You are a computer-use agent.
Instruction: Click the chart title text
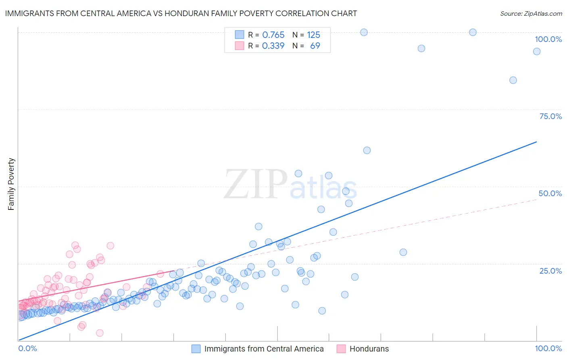tap(181, 13)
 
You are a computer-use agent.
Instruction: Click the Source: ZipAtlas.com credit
tap(531, 13)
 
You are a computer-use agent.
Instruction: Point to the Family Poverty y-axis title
tap(11, 184)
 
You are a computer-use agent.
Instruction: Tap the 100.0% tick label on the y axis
tap(548, 39)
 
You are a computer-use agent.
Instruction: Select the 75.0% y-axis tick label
tap(550, 116)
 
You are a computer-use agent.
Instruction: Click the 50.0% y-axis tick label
tap(550, 193)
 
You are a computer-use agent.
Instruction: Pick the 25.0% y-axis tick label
tap(550, 271)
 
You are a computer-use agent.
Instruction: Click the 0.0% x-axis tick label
tap(27, 348)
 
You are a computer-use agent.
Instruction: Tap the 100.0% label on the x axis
tap(548, 348)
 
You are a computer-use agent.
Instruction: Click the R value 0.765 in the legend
tap(273, 35)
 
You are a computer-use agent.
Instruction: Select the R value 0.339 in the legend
tap(273, 46)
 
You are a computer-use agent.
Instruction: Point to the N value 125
tap(313, 35)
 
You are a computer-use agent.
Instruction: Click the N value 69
tap(315, 46)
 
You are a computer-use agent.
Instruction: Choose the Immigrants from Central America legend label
tap(264, 349)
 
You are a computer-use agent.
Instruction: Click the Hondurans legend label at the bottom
tap(369, 349)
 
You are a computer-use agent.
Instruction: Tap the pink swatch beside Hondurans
tap(341, 349)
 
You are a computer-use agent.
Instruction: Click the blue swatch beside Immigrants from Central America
tap(196, 349)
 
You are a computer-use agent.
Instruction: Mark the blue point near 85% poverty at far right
tap(513, 80)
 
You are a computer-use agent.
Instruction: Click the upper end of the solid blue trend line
tap(536, 142)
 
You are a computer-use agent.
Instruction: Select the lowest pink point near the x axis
tap(100, 333)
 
